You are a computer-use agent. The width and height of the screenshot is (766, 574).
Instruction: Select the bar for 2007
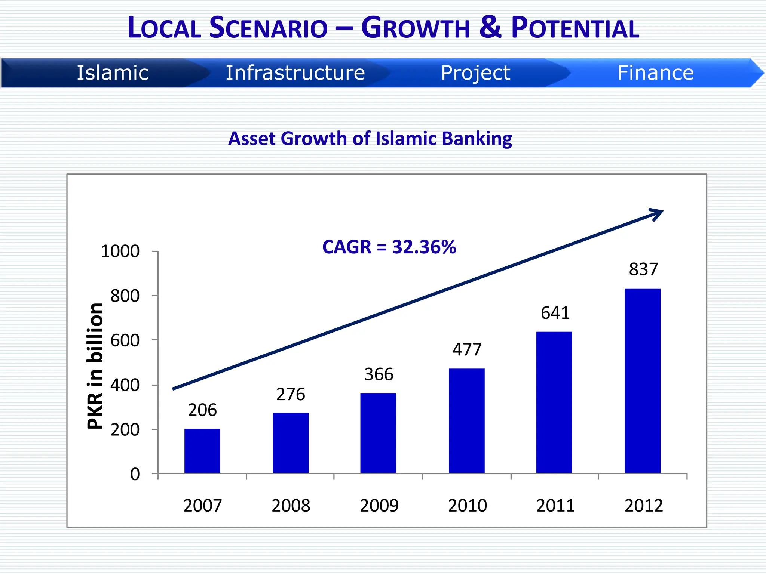pyautogui.click(x=202, y=451)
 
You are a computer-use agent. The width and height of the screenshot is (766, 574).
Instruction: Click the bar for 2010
pyautogui.click(x=466, y=421)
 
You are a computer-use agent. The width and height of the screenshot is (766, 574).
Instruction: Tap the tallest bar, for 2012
pyautogui.click(x=642, y=381)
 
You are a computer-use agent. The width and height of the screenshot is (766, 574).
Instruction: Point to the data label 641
pyautogui.click(x=555, y=313)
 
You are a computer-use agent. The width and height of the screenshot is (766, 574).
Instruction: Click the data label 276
pyautogui.click(x=291, y=395)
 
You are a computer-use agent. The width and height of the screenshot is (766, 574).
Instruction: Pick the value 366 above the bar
pyautogui.click(x=379, y=374)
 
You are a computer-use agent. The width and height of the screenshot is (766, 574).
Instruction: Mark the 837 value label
pyautogui.click(x=643, y=269)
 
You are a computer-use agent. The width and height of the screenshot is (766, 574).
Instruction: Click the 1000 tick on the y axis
pyautogui.click(x=120, y=251)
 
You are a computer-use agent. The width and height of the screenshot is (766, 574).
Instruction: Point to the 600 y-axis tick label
pyautogui.click(x=125, y=340)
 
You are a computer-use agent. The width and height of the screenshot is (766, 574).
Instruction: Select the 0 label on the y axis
pyautogui.click(x=135, y=474)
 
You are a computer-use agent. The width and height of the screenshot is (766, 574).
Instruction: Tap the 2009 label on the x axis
pyautogui.click(x=379, y=506)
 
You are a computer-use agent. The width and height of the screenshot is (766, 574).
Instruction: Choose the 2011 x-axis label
pyautogui.click(x=555, y=506)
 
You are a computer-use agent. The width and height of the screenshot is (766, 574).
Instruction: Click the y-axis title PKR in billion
pyautogui.click(x=95, y=366)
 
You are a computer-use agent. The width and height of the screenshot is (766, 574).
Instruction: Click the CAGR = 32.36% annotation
pyautogui.click(x=389, y=247)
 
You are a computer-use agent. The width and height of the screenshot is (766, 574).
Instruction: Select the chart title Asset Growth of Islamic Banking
pyautogui.click(x=370, y=139)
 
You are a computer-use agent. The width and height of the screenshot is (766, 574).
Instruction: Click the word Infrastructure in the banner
pyautogui.click(x=295, y=73)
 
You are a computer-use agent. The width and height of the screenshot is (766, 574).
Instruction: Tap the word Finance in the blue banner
pyautogui.click(x=655, y=73)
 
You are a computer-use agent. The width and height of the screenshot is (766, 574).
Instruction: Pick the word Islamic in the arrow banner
pyautogui.click(x=113, y=73)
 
